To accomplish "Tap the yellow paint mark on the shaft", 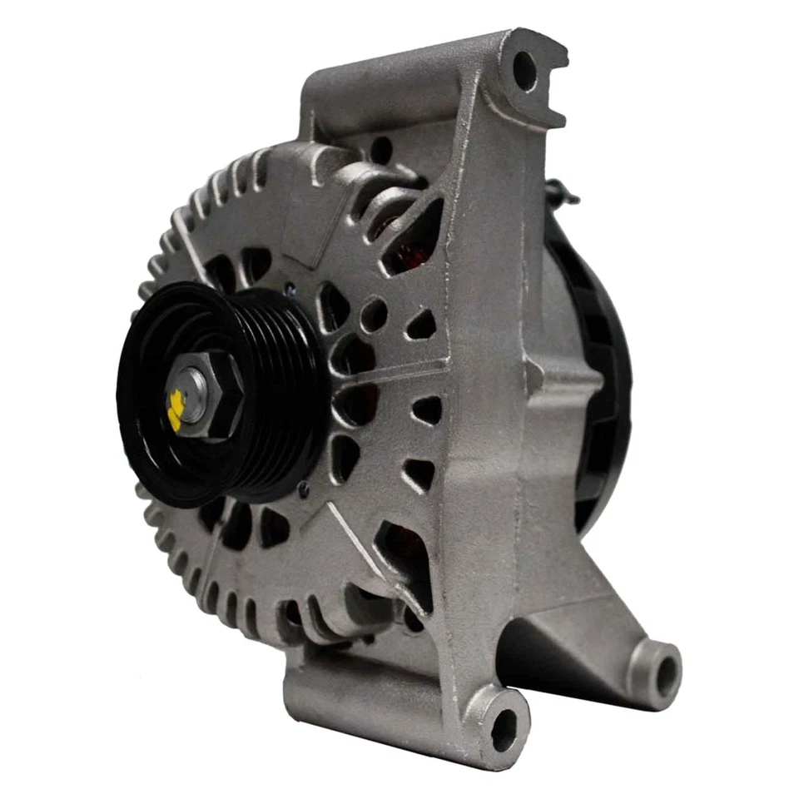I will [x=176, y=409].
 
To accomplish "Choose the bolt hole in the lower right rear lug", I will [x=664, y=667].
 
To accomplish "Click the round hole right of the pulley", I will [x=374, y=315].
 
